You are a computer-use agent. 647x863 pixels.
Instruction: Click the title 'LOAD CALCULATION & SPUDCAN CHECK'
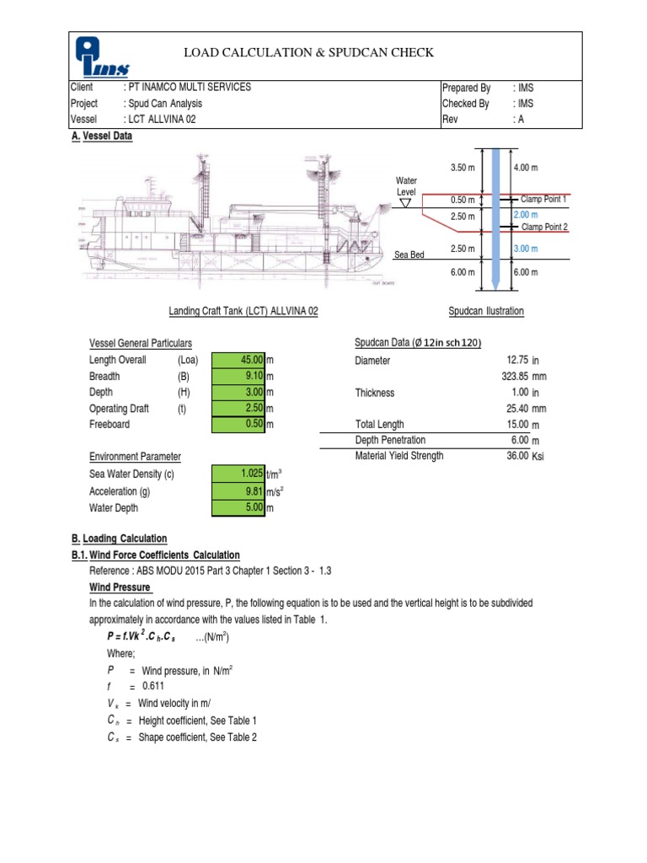[x=309, y=52]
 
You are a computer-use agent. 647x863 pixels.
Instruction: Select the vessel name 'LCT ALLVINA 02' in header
[x=164, y=120]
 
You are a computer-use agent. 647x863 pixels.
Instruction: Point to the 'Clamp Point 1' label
[x=543, y=199]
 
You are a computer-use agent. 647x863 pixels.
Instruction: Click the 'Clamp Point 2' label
[x=543, y=227]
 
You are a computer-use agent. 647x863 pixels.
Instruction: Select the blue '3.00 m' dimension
[x=525, y=249]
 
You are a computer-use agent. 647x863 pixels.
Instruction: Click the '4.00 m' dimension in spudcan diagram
[x=525, y=168]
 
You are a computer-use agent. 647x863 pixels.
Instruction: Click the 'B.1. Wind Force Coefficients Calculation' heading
[x=157, y=555]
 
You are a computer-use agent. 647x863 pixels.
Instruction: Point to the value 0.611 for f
[x=152, y=663]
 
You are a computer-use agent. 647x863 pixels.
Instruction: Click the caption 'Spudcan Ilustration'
[x=485, y=311]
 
